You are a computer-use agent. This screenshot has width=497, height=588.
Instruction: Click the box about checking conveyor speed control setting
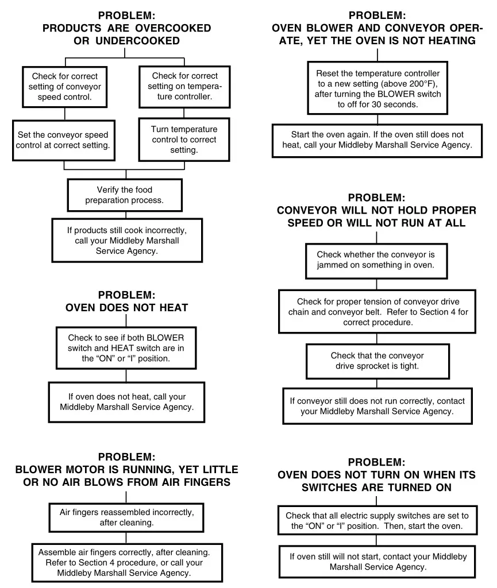pos(64,86)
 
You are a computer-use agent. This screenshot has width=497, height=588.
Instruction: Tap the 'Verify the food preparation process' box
pos(125,195)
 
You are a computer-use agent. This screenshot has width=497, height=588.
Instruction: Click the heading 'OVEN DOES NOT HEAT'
pos(126,307)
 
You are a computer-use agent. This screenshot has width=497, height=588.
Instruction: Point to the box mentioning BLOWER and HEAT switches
pos(126,348)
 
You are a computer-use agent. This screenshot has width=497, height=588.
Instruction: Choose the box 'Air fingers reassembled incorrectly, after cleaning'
pos(126,517)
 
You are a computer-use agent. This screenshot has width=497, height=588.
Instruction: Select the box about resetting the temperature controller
pos(377,89)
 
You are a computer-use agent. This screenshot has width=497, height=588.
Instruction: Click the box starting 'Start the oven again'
pos(377,140)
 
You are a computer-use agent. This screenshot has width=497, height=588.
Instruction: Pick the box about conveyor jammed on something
pos(376,260)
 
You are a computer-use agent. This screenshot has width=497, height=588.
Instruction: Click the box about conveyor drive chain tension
pos(377,312)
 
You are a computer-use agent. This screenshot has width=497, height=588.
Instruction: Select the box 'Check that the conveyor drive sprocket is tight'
pos(377,361)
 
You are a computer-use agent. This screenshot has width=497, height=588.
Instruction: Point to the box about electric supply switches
pos(377,521)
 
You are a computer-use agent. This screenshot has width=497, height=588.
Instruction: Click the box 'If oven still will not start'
pos(377,562)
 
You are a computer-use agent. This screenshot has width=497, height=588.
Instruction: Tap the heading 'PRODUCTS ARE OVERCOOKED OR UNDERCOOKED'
pos(126,34)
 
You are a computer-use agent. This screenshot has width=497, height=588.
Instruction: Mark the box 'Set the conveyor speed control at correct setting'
pos(63,140)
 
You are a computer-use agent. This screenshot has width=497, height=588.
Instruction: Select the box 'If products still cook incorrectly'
pos(126,240)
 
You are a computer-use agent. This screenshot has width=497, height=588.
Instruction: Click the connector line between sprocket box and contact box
pos(377,384)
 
